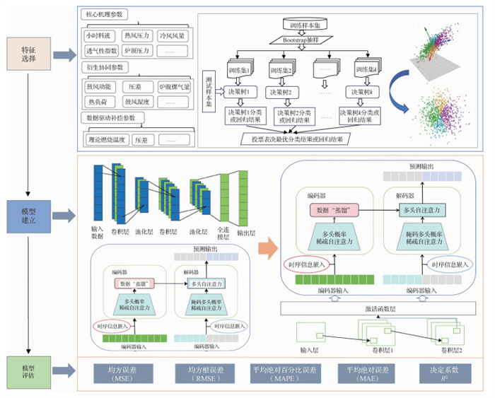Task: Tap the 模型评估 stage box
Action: pyautogui.click(x=28, y=371)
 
